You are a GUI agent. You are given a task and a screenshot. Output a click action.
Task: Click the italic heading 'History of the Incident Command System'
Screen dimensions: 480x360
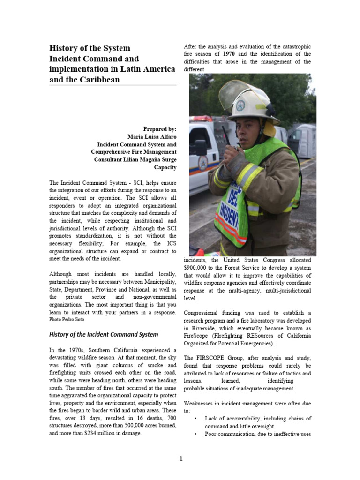click(x=104, y=334)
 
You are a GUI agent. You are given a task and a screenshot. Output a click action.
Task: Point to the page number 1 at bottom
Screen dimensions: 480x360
click(x=180, y=458)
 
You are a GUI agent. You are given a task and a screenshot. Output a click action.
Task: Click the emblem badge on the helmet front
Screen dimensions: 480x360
click(x=240, y=106)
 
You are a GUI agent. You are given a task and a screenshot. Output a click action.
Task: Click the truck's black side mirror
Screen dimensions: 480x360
click(x=201, y=147)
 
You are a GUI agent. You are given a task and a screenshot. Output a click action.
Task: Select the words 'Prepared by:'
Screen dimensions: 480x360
click(x=160, y=128)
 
